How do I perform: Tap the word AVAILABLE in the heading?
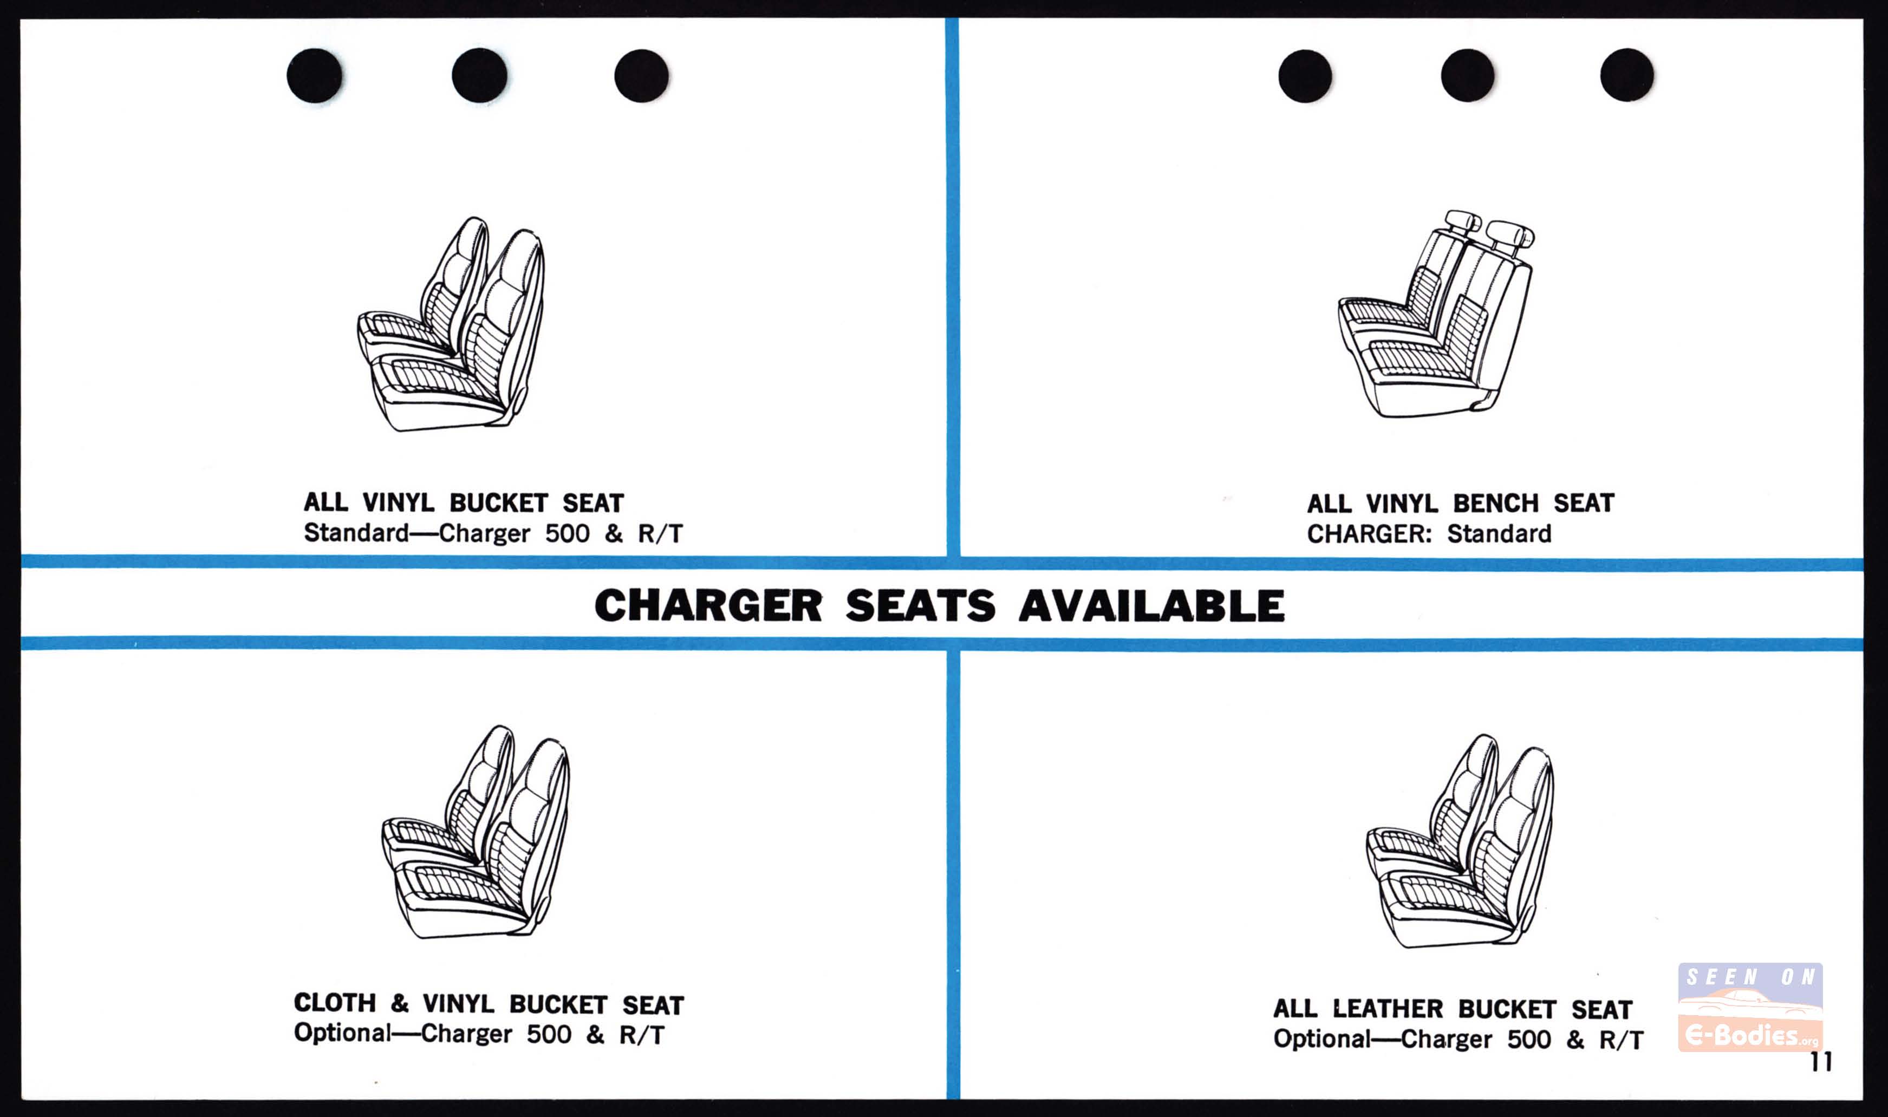(1152, 606)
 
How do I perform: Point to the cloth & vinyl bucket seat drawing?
(476, 832)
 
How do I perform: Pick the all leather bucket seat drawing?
(1460, 841)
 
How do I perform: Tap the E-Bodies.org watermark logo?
(1751, 1007)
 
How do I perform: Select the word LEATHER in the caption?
(1386, 1009)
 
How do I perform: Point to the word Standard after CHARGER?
(1499, 534)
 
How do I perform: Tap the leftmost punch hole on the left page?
(315, 75)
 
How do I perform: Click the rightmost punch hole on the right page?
(1627, 75)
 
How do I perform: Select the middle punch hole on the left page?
(479, 75)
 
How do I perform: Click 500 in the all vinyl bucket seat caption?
(567, 534)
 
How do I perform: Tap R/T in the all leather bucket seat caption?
(1621, 1040)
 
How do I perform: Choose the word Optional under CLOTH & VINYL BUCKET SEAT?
(342, 1033)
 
